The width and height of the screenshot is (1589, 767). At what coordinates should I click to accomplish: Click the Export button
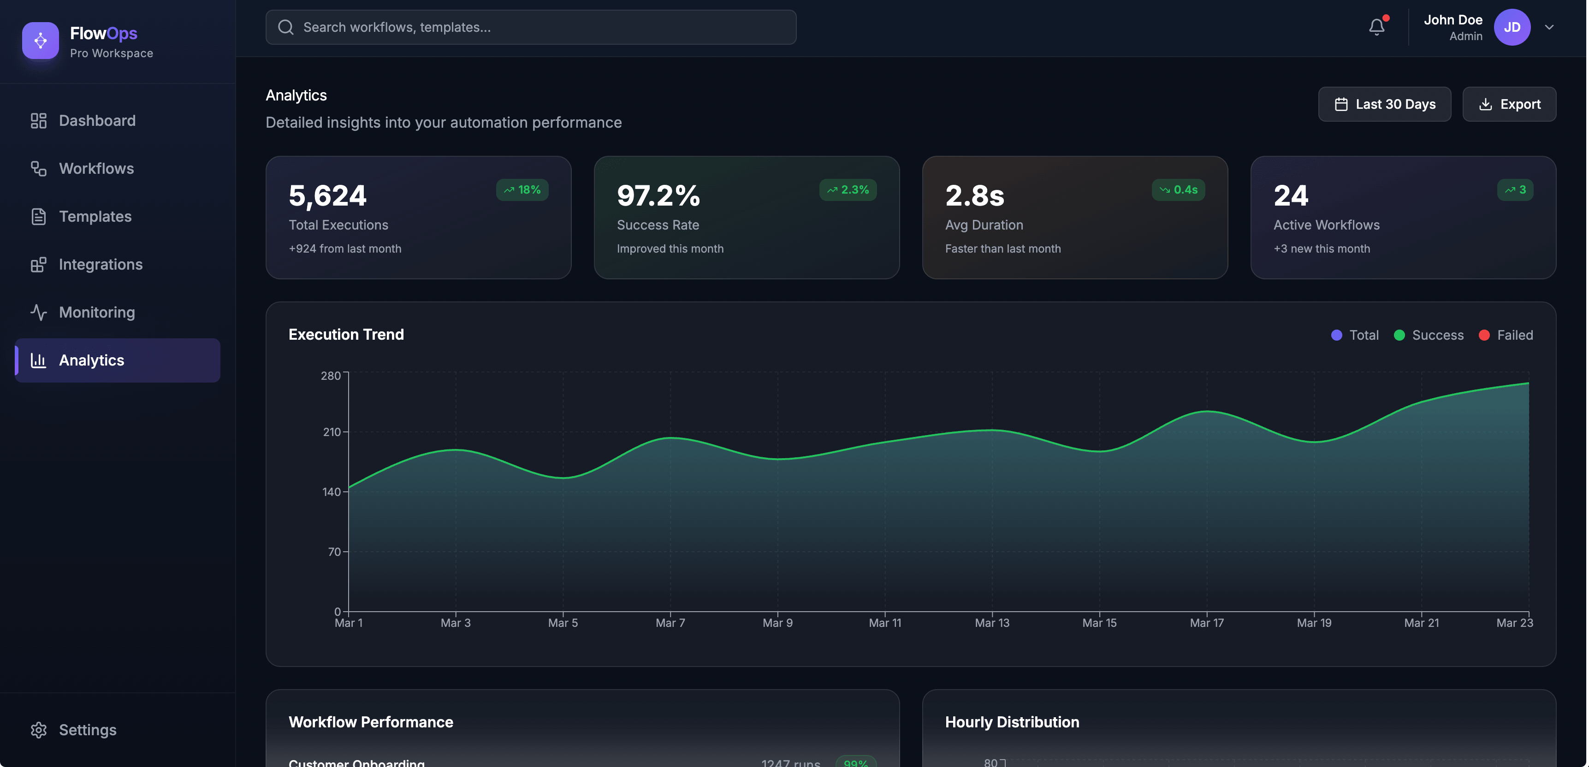point(1509,104)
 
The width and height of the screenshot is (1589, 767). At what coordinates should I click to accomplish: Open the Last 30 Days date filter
point(1384,104)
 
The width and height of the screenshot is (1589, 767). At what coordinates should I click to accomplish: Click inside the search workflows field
point(530,27)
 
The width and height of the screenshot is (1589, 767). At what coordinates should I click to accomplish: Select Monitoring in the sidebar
point(97,313)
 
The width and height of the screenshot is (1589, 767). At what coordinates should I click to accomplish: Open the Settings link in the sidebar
point(88,730)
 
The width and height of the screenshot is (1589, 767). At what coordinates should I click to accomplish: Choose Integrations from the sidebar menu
point(101,265)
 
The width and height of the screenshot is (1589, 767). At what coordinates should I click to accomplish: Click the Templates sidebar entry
point(95,217)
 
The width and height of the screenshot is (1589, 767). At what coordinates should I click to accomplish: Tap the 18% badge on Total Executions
point(522,190)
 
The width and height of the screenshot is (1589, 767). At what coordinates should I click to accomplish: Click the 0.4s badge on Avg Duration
point(1178,190)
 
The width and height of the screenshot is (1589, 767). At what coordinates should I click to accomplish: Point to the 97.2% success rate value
point(658,196)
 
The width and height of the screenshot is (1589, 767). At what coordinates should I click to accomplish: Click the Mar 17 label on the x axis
point(1207,623)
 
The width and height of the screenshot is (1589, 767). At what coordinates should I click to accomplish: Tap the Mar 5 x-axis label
point(563,623)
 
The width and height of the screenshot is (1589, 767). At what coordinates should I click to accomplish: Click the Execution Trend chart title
point(346,334)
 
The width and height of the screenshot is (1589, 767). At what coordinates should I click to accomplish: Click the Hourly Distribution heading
point(1012,722)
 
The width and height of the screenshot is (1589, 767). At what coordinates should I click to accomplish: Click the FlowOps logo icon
point(41,41)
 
